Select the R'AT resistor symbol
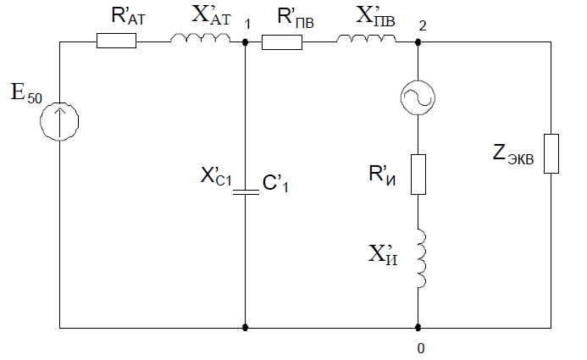(x=116, y=41)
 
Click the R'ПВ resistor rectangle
(x=282, y=41)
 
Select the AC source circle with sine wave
(x=418, y=99)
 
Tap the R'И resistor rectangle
(x=418, y=174)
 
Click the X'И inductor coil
(x=418, y=259)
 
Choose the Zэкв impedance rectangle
(x=551, y=153)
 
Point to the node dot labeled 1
(x=245, y=41)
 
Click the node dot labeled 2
(x=418, y=41)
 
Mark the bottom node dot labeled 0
(x=418, y=327)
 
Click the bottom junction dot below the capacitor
(x=245, y=327)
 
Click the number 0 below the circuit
(x=418, y=348)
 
